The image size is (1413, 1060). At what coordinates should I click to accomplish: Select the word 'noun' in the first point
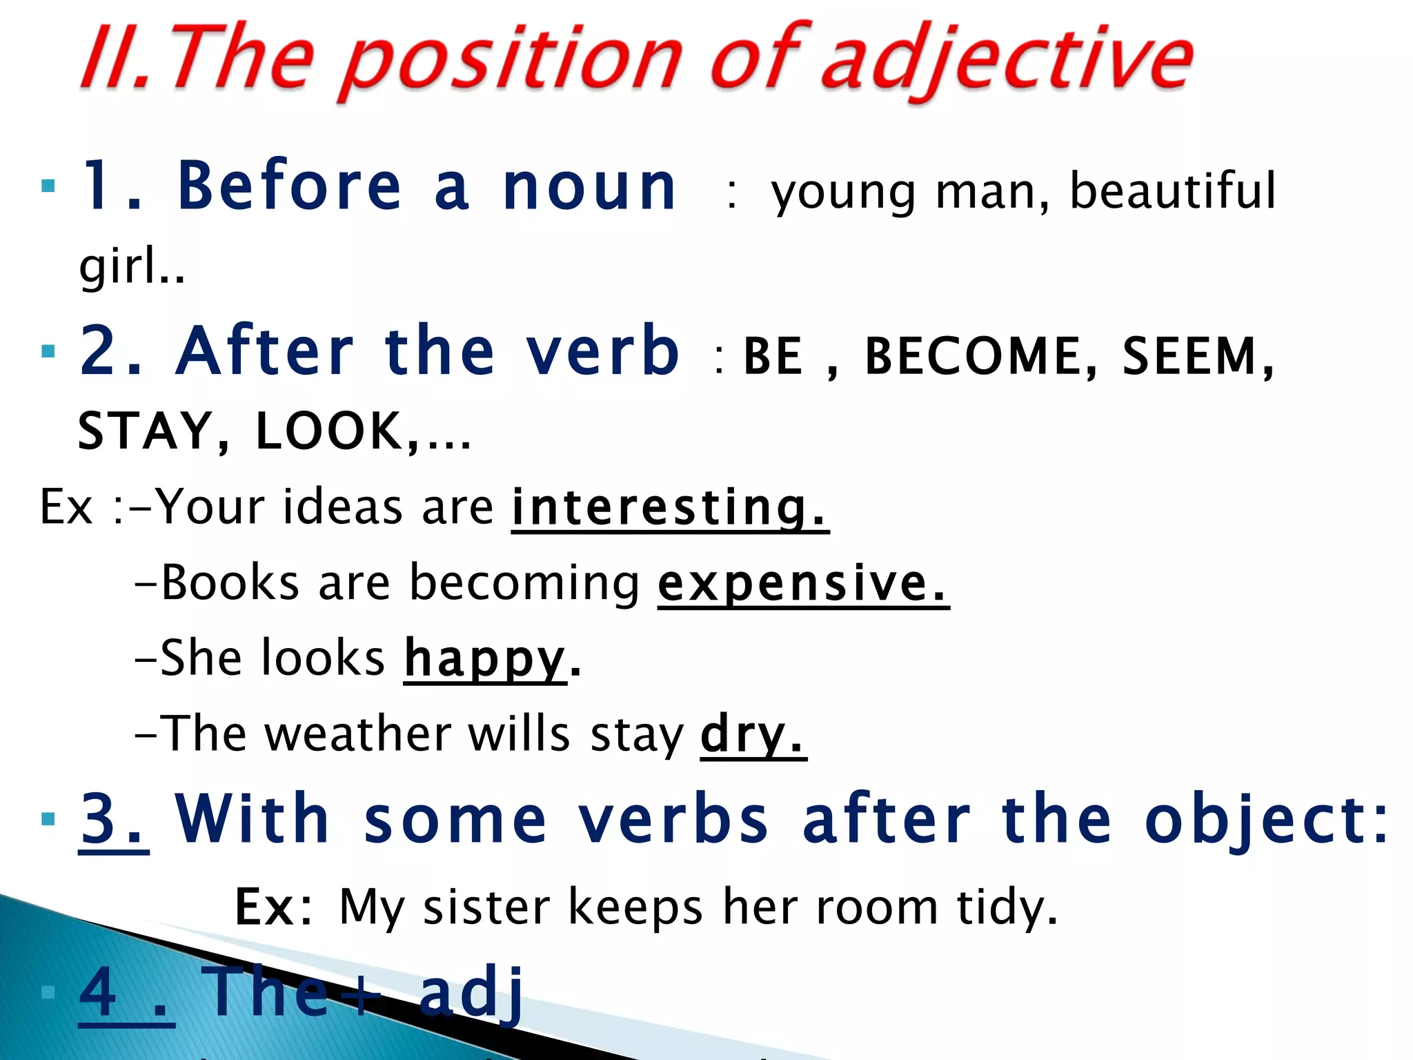(x=590, y=188)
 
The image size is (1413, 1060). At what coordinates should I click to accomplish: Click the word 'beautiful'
(x=1172, y=190)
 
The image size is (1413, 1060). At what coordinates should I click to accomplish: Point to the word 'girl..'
(x=132, y=267)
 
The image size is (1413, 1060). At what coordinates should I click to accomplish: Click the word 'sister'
(x=486, y=907)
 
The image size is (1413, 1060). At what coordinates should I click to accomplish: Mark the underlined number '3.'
(x=113, y=820)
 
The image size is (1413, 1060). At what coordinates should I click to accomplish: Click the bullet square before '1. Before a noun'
(x=48, y=186)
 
